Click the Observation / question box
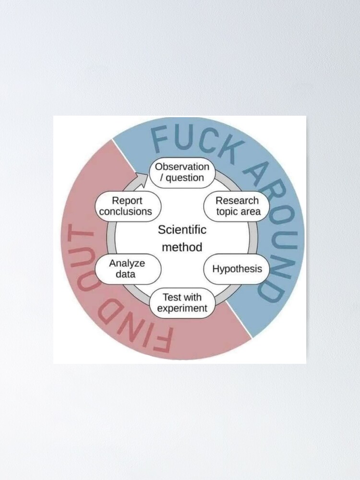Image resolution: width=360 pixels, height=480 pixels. (x=182, y=173)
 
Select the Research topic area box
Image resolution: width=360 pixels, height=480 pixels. (x=237, y=206)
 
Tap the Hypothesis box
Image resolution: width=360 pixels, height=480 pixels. (x=237, y=268)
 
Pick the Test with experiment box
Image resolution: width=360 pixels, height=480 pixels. (x=182, y=302)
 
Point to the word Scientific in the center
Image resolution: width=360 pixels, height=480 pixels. (x=182, y=229)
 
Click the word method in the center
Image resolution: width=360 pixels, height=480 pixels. (x=182, y=248)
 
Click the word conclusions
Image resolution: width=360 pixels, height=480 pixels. (x=126, y=211)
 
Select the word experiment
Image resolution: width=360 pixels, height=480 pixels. (x=182, y=308)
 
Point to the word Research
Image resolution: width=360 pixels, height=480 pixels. (x=237, y=201)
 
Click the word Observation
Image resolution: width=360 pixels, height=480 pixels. (x=182, y=167)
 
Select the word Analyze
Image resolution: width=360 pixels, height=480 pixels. (x=127, y=263)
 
